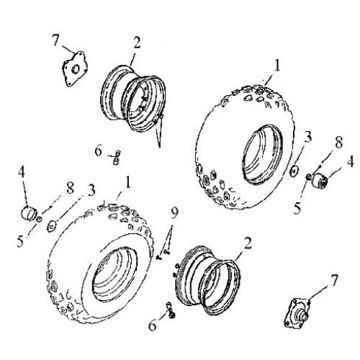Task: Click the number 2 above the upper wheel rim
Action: coord(135,42)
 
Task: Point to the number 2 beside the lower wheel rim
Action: coord(247,243)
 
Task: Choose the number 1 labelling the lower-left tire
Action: coord(127,184)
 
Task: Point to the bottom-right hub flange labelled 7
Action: coord(302,310)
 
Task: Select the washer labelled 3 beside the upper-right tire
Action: coord(294,170)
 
